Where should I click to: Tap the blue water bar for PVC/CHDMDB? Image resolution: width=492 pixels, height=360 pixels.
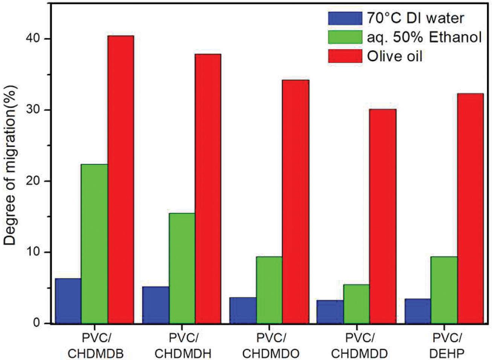[x=68, y=301]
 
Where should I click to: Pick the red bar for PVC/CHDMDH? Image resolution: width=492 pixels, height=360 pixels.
[x=208, y=188]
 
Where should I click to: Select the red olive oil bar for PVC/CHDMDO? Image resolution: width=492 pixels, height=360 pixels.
[x=296, y=201]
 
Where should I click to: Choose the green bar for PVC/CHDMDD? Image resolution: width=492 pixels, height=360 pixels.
[x=356, y=304]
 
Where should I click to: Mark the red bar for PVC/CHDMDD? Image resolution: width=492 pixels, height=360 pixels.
[x=383, y=216]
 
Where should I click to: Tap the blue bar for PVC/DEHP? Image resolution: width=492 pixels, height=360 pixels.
[x=418, y=311]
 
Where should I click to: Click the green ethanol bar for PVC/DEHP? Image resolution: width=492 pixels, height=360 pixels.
[x=444, y=290]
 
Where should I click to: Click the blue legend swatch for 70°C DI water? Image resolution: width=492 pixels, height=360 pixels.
[x=345, y=18]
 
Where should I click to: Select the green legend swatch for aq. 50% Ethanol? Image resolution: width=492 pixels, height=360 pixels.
[x=345, y=37]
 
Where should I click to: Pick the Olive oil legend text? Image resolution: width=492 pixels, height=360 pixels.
[x=395, y=56]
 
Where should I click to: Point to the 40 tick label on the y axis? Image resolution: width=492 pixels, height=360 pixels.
[x=35, y=39]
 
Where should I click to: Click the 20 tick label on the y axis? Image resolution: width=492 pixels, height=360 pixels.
[x=35, y=181]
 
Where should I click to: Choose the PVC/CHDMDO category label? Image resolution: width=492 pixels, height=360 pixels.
[x=271, y=346]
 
